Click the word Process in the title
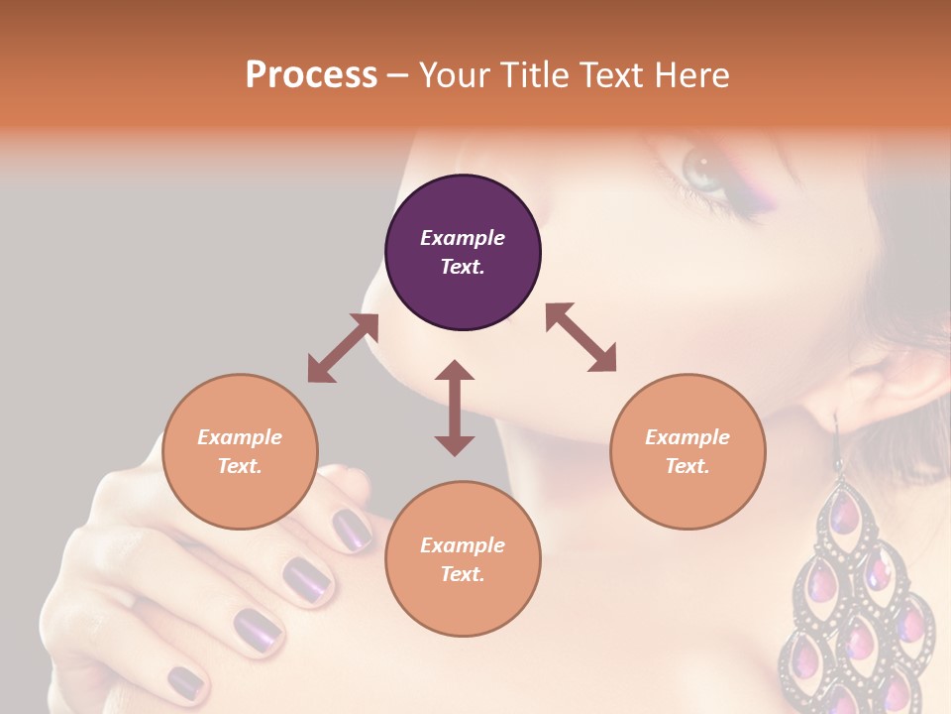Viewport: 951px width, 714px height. click(x=311, y=75)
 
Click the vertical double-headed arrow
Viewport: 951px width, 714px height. click(x=455, y=408)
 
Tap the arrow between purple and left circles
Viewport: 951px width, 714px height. click(x=343, y=348)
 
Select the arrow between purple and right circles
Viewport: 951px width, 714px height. click(x=581, y=338)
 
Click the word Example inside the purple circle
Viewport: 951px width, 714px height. click(x=463, y=238)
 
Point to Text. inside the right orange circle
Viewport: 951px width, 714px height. click(x=687, y=466)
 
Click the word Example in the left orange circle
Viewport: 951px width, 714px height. click(x=240, y=437)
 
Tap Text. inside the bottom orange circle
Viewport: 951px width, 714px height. click(x=463, y=574)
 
